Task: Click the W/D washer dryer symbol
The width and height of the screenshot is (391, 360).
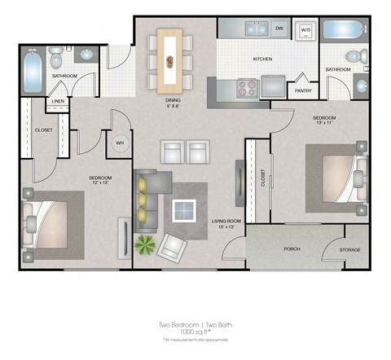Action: (306, 30)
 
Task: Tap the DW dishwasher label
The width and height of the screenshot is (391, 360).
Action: (279, 29)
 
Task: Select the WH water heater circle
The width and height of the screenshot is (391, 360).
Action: (119, 143)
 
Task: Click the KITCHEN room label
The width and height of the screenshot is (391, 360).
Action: (262, 59)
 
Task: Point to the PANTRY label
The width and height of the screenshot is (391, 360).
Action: (303, 90)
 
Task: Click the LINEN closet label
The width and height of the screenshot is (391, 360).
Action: (58, 103)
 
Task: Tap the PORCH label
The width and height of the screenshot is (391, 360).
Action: (292, 249)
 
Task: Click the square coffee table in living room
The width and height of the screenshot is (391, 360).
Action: (185, 211)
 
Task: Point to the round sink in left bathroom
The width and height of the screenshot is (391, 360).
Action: (86, 55)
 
